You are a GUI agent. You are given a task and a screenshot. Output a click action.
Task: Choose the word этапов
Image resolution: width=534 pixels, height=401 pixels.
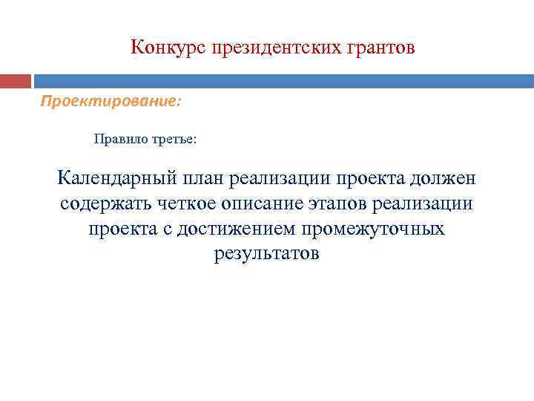(342, 203)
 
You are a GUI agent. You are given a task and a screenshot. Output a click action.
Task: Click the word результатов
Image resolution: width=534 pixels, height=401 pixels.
(267, 254)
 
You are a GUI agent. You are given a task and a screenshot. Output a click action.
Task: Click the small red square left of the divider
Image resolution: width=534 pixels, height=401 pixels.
(16, 81)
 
